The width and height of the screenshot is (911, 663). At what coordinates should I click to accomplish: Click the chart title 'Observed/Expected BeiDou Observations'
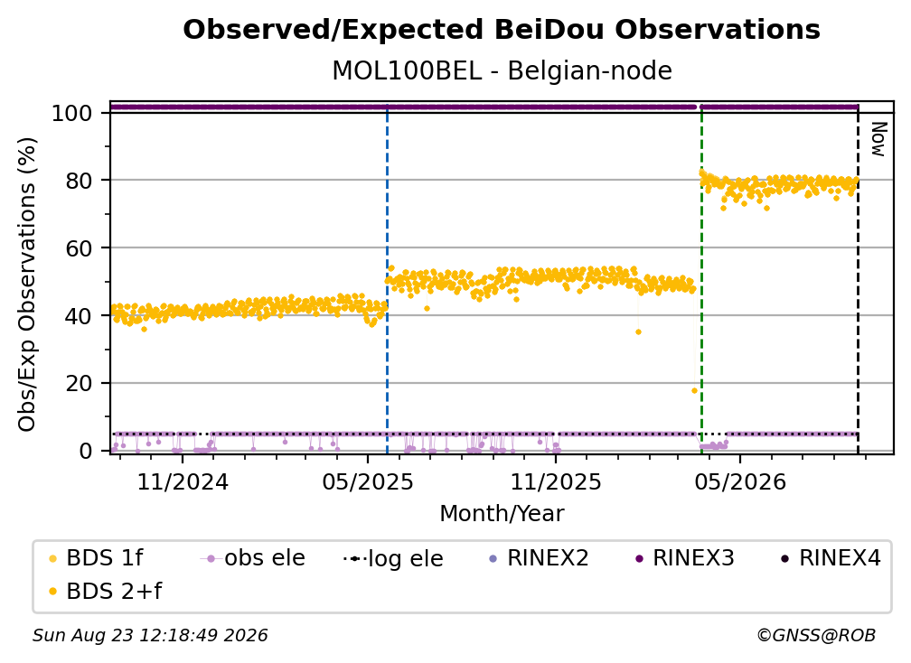[502, 30]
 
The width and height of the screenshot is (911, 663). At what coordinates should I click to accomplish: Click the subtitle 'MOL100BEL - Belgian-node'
[502, 71]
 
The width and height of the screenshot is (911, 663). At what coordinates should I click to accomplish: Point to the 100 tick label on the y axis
[72, 113]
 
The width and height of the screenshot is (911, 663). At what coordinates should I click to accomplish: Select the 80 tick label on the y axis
[79, 181]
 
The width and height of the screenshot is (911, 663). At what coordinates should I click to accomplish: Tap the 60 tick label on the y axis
[79, 248]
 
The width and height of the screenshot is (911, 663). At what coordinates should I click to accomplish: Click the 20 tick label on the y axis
[79, 384]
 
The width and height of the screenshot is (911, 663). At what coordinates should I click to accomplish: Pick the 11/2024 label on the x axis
[183, 481]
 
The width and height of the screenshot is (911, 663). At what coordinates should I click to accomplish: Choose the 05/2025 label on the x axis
[368, 481]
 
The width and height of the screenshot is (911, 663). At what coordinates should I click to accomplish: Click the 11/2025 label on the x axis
[556, 481]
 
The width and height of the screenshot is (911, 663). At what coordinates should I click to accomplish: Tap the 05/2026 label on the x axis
[740, 481]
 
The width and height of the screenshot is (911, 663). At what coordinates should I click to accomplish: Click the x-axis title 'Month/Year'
[502, 514]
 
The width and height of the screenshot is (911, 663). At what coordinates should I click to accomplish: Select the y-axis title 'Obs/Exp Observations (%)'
[27, 285]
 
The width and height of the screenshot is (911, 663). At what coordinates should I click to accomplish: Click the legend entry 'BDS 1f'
[97, 558]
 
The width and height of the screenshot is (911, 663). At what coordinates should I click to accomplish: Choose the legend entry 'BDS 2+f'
[106, 592]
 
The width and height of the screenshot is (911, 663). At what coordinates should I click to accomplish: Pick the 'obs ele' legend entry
[253, 558]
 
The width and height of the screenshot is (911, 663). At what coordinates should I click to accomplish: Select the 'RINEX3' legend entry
[686, 558]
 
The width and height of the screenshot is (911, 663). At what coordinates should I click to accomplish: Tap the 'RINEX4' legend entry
[831, 558]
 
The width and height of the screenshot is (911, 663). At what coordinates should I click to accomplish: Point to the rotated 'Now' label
[878, 139]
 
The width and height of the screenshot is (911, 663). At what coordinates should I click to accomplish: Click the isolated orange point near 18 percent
[694, 391]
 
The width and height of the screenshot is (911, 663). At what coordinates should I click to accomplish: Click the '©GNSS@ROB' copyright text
[816, 636]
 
